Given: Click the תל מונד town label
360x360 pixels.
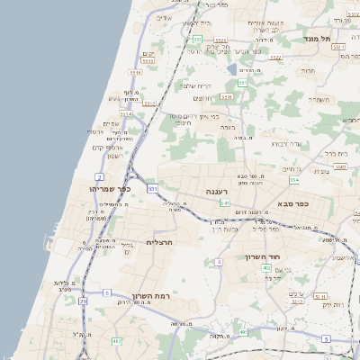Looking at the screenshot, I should pos(343,40).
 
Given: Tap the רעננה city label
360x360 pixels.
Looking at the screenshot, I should pos(217,192).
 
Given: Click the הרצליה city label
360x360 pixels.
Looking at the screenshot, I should pos(158,242).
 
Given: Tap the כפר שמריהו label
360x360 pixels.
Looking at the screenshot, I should pos(111,190).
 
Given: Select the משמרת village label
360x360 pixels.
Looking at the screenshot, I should pos(320,99).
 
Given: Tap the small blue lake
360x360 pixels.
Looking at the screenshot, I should pos(233,69).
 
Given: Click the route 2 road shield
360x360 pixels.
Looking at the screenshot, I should pos(98,176).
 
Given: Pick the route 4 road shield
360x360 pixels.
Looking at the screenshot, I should pos(218,262).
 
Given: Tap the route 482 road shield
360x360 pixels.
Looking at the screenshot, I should pos(116,342).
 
